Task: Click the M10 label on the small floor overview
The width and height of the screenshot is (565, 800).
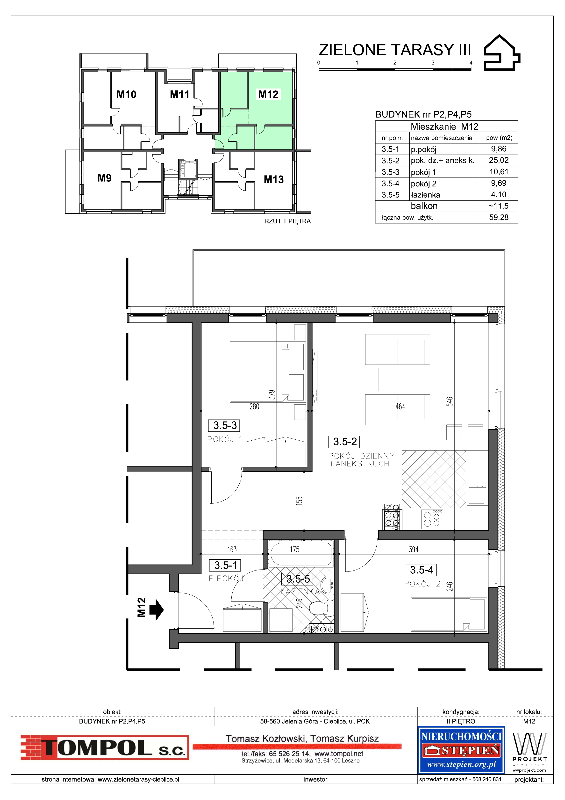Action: (x=126, y=94)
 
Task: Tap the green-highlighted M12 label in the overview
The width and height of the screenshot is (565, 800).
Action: (x=268, y=94)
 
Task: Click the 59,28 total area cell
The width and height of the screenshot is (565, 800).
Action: (x=499, y=217)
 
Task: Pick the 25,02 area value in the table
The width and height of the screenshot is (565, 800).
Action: (x=499, y=160)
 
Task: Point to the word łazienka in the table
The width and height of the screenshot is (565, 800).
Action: (x=425, y=195)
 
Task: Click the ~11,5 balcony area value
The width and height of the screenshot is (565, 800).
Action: (x=499, y=206)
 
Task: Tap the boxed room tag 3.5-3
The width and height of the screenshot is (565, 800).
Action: (x=225, y=425)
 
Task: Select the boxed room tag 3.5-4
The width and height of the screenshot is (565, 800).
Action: (x=421, y=570)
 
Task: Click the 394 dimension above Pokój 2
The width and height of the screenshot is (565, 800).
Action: (x=414, y=550)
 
